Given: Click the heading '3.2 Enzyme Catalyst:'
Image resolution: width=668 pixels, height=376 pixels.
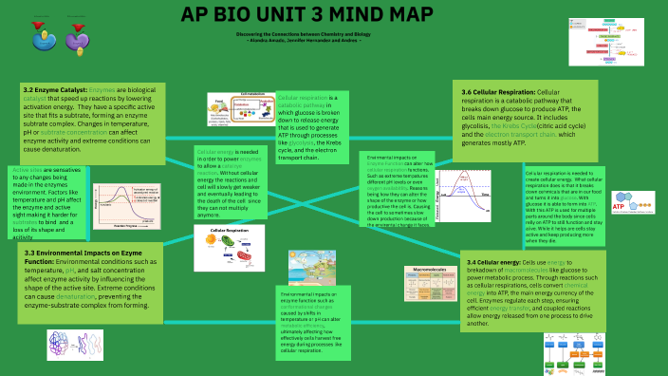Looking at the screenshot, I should (58, 88).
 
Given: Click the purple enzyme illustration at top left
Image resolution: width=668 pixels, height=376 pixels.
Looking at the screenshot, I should (77, 36).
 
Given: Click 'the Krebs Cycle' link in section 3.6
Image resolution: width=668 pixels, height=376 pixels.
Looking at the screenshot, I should (539, 125).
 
